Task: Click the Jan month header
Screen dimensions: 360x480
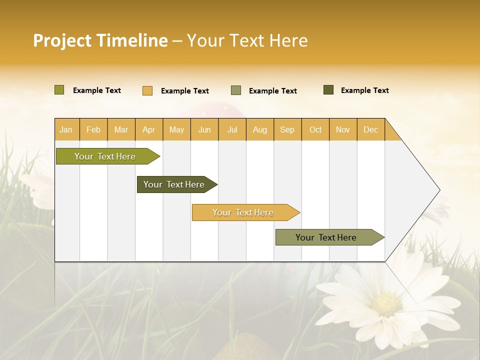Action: coord(66,129)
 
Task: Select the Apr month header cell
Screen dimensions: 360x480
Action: coord(148,129)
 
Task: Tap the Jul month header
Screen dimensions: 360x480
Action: coord(232,129)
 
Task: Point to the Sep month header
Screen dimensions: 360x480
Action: coord(287,129)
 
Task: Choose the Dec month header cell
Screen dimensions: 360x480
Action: coord(370,129)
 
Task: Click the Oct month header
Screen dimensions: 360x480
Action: coord(315,129)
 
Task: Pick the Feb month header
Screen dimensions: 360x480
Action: coord(93,129)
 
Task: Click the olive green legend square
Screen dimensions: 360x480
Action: coord(59,90)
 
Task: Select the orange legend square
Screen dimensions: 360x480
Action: coord(147,90)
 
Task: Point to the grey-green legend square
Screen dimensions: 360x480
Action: coord(236,90)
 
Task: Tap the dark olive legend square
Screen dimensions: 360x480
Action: coord(328,90)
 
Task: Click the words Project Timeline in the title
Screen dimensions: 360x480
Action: coord(100,40)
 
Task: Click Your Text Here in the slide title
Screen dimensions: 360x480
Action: coord(247,40)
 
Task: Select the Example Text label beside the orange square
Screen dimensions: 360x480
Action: coord(184,91)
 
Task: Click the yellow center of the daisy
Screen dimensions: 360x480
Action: coord(386,304)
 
